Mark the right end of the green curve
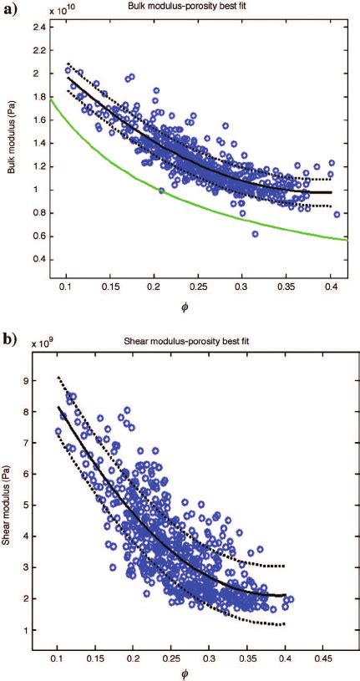[346, 241]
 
